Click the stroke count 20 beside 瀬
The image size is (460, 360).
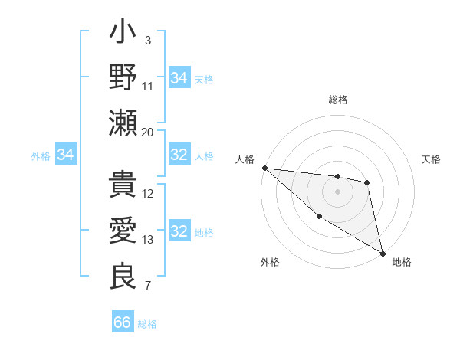pos(148,132)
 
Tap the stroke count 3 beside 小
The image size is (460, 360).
pos(148,41)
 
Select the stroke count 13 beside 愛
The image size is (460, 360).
pos(148,240)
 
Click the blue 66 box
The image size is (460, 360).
pos(123,322)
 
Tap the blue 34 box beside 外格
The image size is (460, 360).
pos(65,155)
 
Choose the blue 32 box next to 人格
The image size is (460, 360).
pos(179,155)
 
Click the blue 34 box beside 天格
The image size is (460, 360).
pos(179,78)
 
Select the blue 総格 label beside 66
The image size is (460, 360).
pos(147,324)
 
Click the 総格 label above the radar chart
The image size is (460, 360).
pos(338,100)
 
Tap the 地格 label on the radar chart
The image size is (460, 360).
pos(402,262)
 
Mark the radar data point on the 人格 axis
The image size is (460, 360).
pos(264,168)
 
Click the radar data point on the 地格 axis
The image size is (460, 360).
pos(383,253)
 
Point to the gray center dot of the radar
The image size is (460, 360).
pos(337,191)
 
